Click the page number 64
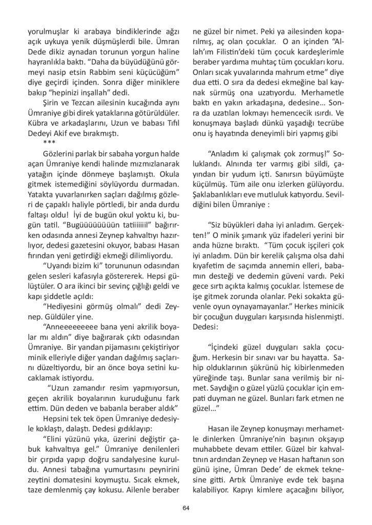185,508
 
